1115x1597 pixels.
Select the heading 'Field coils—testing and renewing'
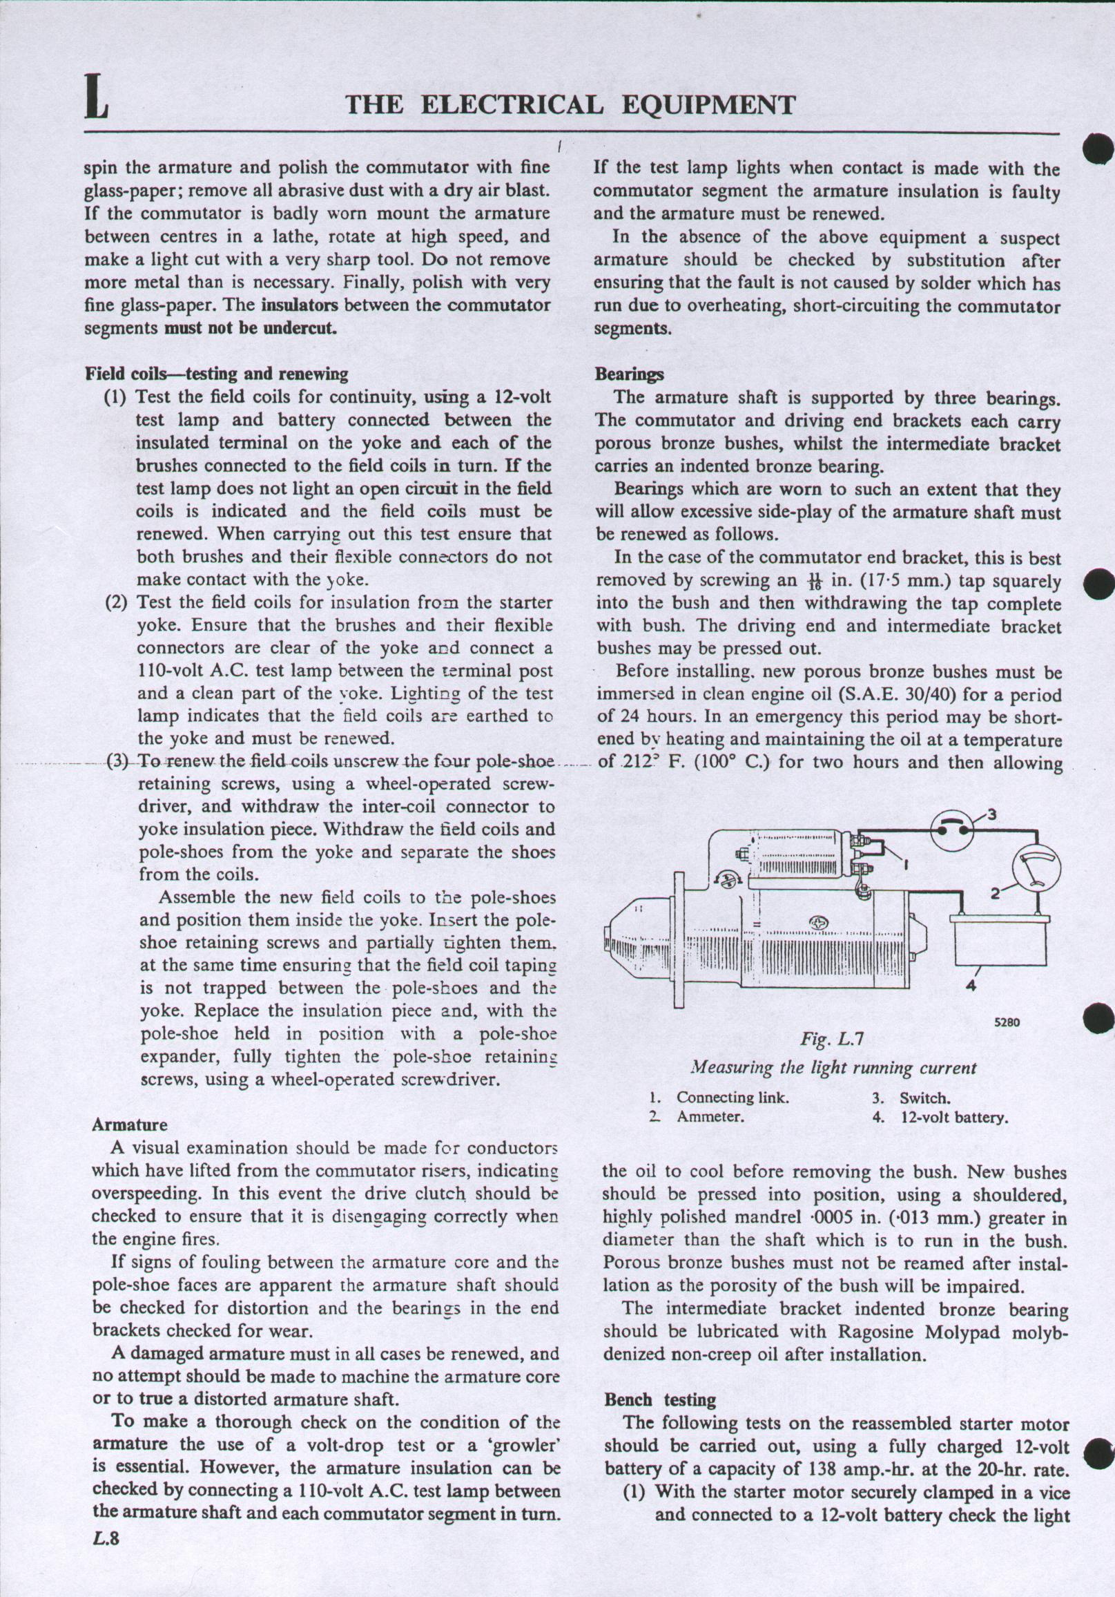coord(216,374)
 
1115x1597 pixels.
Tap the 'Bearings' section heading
coord(629,374)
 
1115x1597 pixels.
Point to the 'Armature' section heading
coord(129,1125)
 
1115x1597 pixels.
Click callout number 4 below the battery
coord(971,986)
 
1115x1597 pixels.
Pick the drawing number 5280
coord(1007,1022)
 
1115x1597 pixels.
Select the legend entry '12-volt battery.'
coord(953,1118)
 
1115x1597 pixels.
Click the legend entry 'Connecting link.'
coord(733,1098)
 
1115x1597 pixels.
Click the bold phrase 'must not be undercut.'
coord(250,327)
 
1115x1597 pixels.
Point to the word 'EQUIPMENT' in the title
coord(708,105)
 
